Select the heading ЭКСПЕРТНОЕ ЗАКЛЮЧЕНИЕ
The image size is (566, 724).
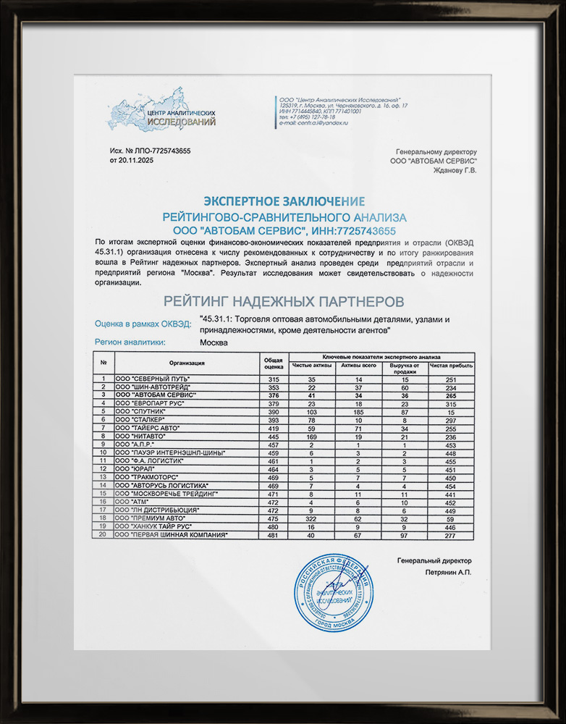(284, 201)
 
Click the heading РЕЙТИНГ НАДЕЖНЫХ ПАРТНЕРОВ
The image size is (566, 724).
(283, 300)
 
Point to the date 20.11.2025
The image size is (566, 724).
(136, 160)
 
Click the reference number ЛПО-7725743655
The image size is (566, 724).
(162, 151)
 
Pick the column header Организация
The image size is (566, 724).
(187, 363)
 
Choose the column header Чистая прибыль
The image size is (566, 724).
(450, 366)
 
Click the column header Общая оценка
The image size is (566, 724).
(274, 364)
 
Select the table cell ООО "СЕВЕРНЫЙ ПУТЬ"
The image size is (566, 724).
(153, 379)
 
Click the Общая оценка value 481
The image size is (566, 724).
(274, 534)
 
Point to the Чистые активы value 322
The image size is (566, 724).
(311, 518)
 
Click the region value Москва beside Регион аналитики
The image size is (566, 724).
(214, 342)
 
